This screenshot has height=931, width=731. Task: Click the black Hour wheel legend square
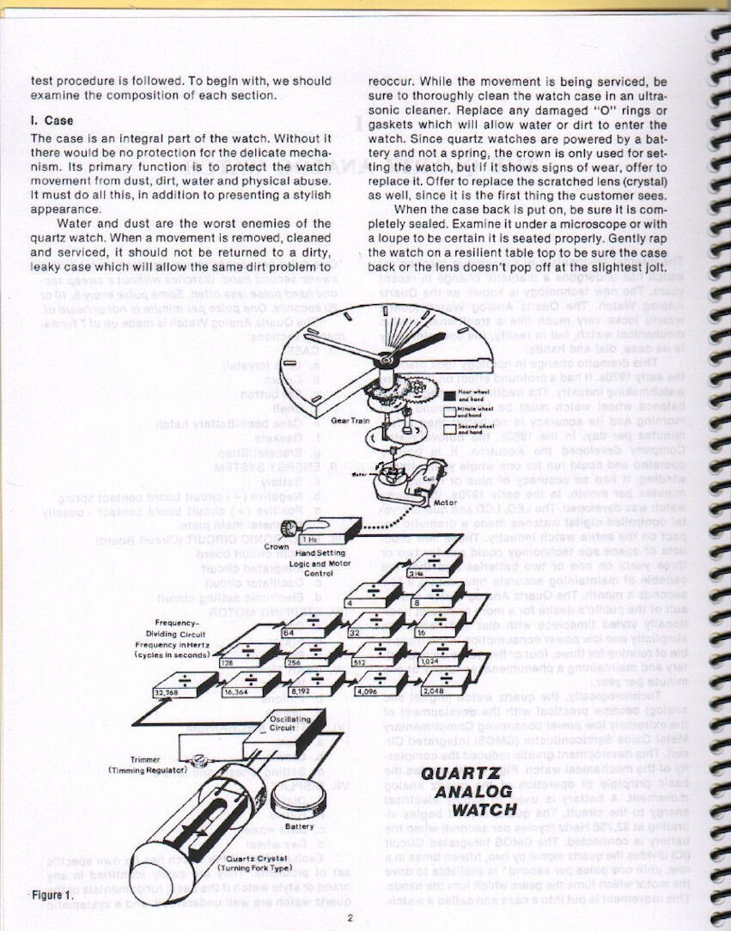pyautogui.click(x=449, y=396)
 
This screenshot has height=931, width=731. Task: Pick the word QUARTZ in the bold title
pyautogui.click(x=454, y=773)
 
